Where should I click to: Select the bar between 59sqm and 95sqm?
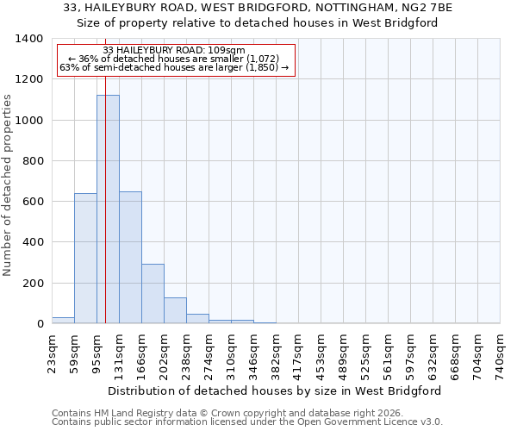click(x=85, y=259)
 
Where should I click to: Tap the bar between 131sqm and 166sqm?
click(x=130, y=258)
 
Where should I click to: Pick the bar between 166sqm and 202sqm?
click(x=153, y=294)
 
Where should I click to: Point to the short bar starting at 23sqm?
click(x=63, y=320)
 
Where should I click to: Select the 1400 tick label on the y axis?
click(x=29, y=39)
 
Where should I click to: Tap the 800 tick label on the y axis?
click(x=33, y=161)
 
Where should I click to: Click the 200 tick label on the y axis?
click(x=33, y=284)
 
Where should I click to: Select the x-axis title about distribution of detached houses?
click(x=276, y=390)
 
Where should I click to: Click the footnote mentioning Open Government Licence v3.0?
click(x=247, y=422)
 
